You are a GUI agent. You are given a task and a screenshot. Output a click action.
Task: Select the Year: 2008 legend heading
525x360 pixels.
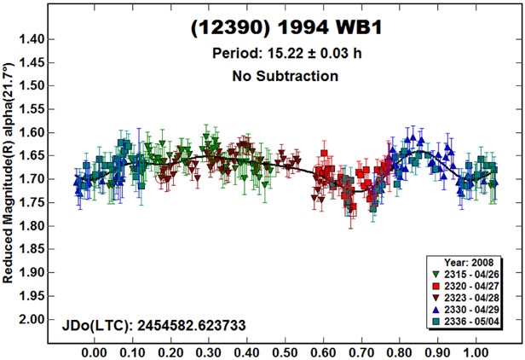471,262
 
